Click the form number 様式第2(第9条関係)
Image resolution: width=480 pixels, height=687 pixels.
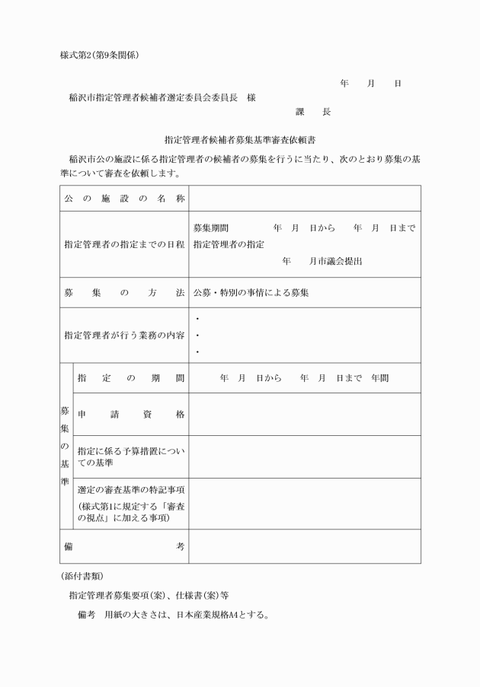tap(99, 55)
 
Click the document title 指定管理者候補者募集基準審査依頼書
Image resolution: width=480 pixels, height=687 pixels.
tap(240, 140)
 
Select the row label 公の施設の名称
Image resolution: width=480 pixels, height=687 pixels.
tap(124, 199)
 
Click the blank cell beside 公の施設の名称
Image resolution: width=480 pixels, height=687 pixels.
tap(304, 199)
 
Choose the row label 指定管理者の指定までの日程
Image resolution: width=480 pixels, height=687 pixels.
tap(124, 244)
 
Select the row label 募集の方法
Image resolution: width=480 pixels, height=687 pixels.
tap(124, 292)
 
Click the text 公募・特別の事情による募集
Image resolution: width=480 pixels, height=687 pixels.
tap(251, 292)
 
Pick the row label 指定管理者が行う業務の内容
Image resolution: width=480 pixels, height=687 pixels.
tap(124, 335)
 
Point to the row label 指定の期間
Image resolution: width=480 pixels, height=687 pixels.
tap(130, 377)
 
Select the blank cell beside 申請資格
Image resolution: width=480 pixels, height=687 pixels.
tap(304, 414)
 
